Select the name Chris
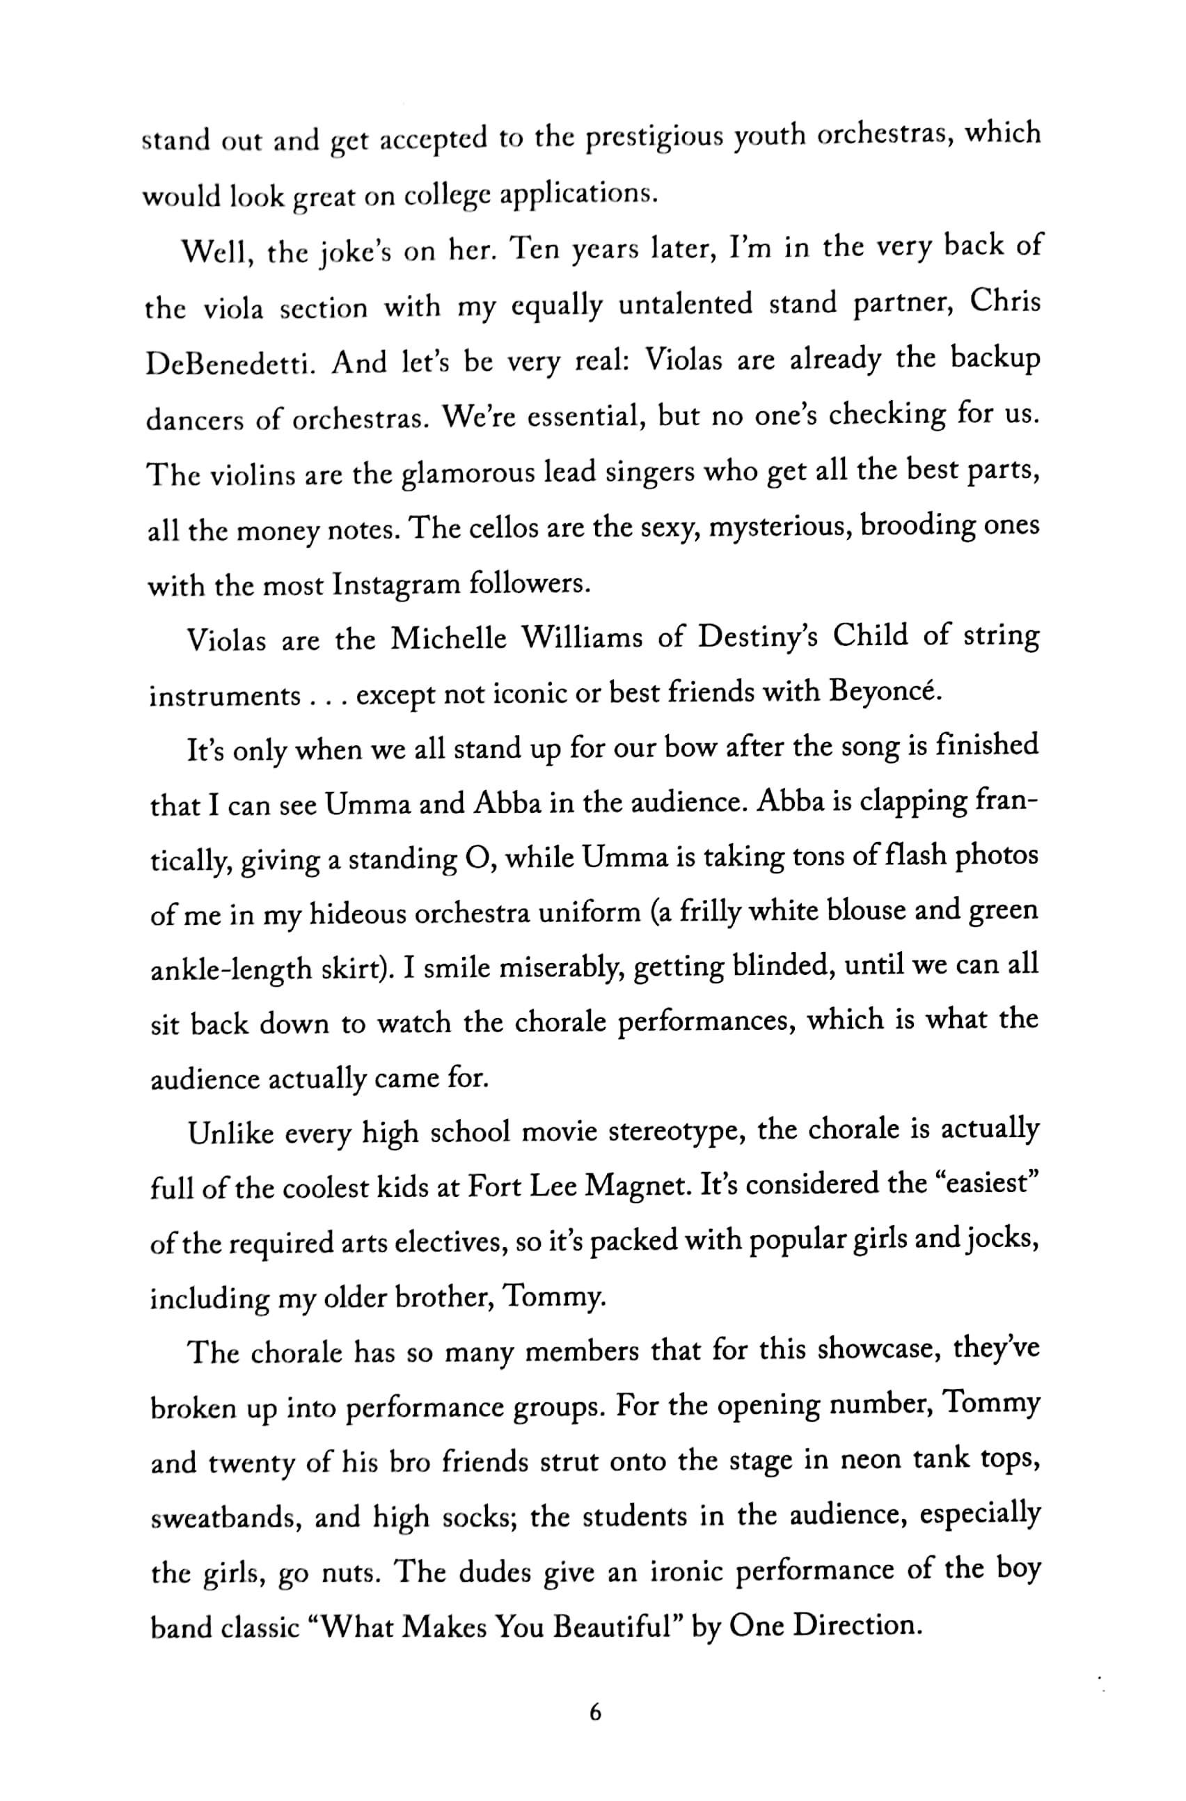[x=1004, y=303]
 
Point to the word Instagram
[x=396, y=585]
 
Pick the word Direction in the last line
[x=855, y=1625]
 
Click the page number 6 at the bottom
[x=594, y=1713]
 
